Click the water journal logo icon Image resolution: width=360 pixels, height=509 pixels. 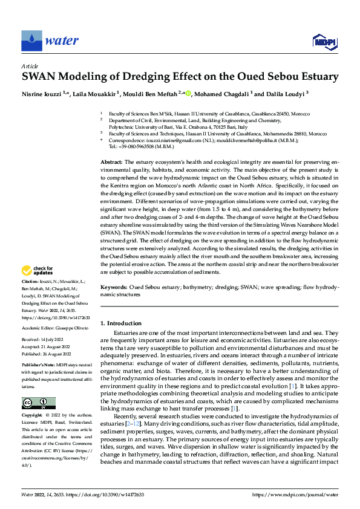point(31,41)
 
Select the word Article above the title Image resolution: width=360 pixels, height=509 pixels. point(30,66)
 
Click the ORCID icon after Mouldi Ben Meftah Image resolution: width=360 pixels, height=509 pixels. point(188,94)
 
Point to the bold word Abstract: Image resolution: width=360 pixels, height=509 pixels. point(111,163)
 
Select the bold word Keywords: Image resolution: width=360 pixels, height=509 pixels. point(114,287)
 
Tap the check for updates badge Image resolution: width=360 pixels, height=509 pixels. point(38,271)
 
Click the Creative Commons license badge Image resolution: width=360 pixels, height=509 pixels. point(39,403)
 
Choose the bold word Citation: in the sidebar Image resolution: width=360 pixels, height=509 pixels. point(31,283)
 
